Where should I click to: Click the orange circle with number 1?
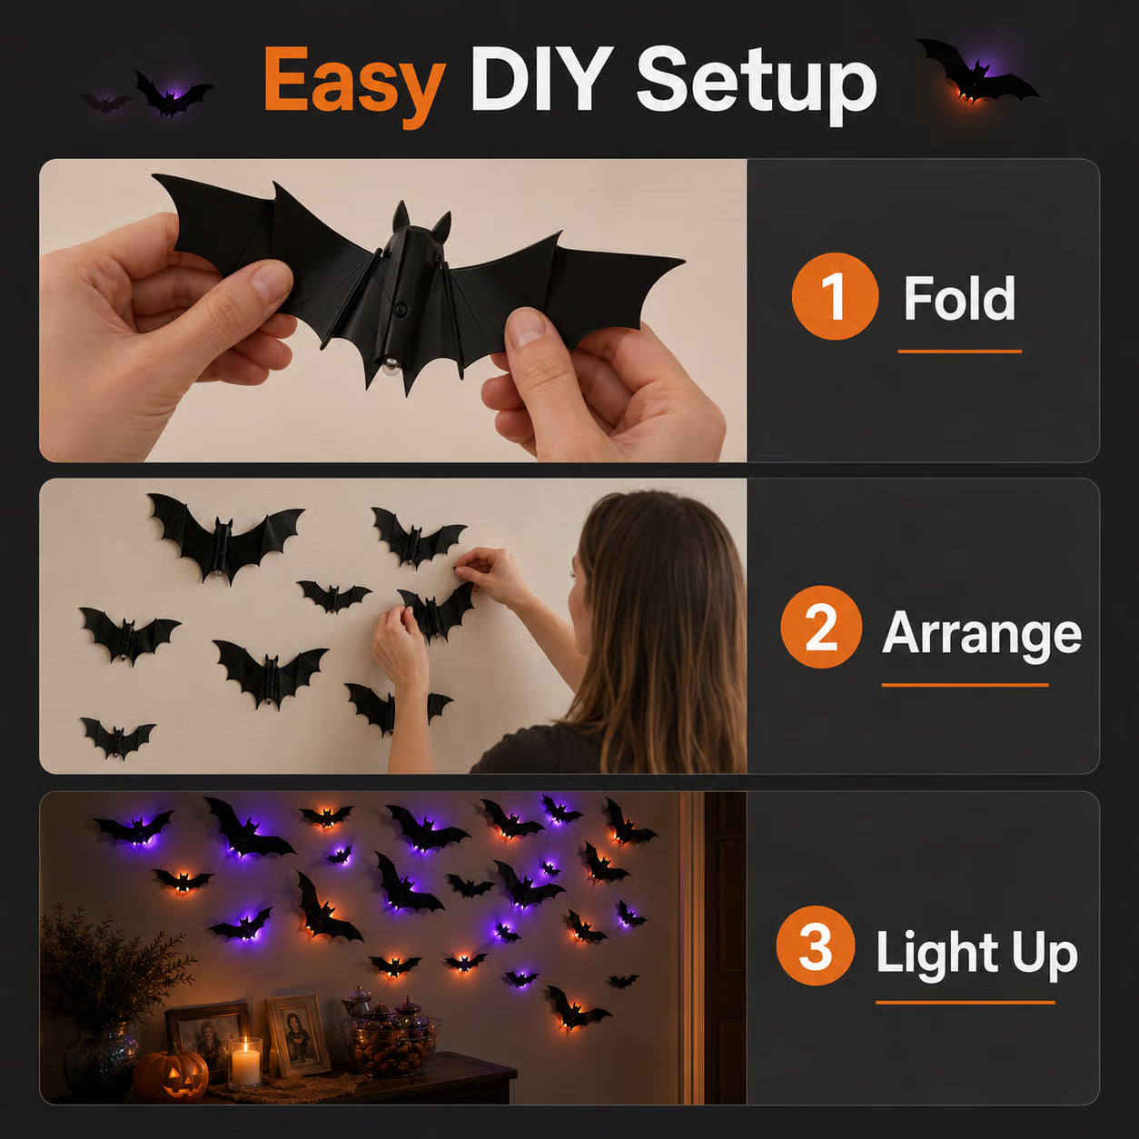click(x=835, y=295)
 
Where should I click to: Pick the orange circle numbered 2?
click(x=822, y=627)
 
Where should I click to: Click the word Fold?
click(x=959, y=298)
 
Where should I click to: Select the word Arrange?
click(x=982, y=633)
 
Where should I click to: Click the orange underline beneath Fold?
click(x=959, y=352)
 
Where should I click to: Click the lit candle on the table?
click(x=244, y=1062)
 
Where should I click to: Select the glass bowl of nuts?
click(x=391, y=1044)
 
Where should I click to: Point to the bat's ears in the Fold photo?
click(x=421, y=221)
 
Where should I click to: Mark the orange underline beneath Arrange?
click(x=965, y=685)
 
